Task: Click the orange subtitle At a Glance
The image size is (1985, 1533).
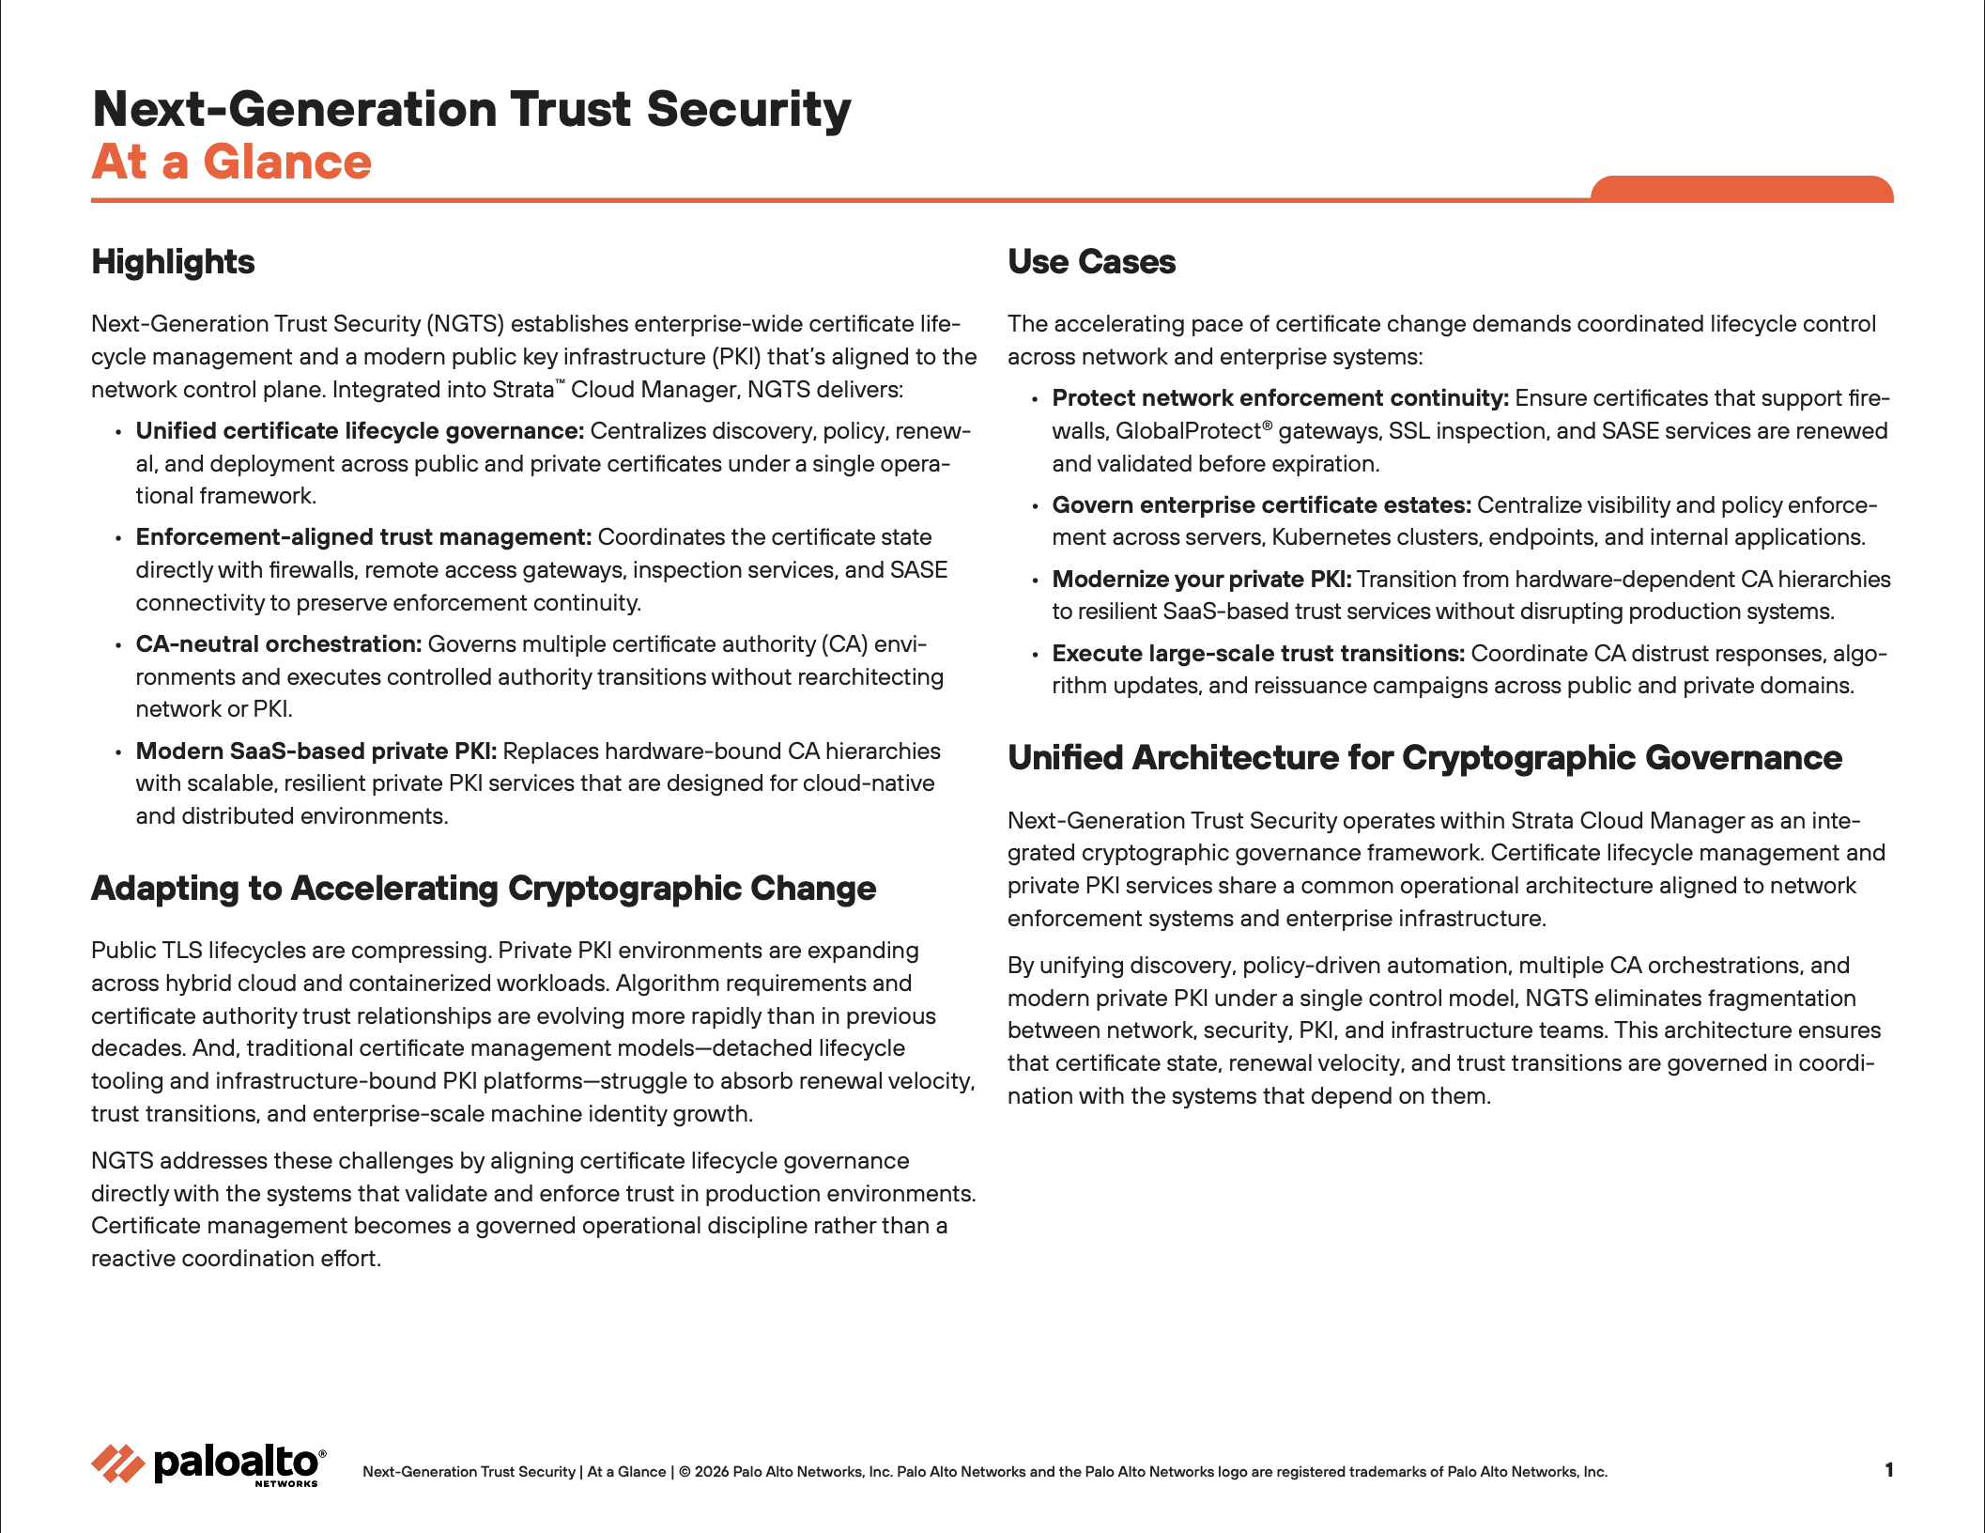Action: [231, 162]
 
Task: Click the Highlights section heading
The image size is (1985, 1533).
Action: [173, 262]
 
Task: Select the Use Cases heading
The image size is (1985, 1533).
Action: [1091, 262]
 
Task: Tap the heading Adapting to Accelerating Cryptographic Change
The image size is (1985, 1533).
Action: [483, 889]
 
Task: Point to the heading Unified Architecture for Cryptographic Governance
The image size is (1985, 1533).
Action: [1424, 758]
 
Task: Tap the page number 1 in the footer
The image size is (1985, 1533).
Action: [1888, 1470]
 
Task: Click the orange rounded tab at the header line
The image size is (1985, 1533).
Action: [1741, 189]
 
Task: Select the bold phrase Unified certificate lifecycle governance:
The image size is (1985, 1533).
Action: [360, 431]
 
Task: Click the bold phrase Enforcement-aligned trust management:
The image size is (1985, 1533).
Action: [363, 537]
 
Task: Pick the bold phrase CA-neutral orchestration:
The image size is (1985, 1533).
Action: [278, 644]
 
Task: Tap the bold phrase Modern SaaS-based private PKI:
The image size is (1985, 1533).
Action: [315, 751]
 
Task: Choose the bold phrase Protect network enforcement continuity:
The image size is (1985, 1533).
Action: [1280, 398]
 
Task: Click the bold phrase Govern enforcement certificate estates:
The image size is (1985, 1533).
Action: [1261, 505]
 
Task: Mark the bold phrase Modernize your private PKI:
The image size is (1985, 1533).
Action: [1201, 580]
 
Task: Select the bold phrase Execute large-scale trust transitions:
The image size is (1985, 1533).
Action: [1257, 654]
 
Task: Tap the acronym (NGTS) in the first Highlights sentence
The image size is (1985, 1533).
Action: [466, 324]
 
